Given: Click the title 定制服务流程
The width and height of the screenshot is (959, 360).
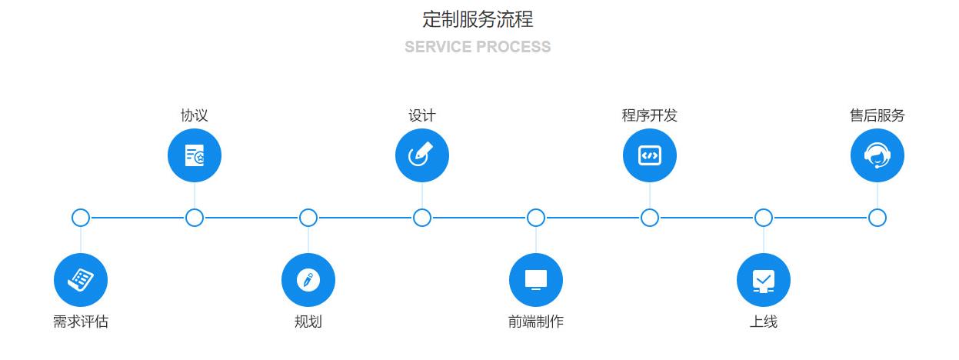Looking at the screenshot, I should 478,18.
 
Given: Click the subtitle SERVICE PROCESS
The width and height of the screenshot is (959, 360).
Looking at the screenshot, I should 478,47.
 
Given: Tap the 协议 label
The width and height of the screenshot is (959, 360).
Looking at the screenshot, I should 195,115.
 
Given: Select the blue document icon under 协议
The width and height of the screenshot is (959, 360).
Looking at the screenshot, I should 195,156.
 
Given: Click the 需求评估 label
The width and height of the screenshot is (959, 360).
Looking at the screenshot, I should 81,322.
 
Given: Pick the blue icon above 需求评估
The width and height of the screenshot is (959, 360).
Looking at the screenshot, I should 81,279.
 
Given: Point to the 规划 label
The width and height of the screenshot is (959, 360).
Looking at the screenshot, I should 308,322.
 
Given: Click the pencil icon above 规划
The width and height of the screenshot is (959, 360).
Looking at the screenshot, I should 308,279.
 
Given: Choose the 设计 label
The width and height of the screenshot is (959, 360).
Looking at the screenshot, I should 422,115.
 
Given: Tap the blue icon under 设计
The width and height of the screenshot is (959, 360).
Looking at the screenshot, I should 422,156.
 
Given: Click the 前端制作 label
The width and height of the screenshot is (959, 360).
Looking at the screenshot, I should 536,322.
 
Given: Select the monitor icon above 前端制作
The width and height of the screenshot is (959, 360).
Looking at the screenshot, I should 536,279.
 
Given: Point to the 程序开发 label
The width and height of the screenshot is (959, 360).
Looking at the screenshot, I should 650,115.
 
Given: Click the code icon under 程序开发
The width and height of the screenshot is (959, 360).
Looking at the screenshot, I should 650,156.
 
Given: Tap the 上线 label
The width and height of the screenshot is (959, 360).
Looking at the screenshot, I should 764,322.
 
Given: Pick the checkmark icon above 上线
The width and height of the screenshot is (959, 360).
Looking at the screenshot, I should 764,279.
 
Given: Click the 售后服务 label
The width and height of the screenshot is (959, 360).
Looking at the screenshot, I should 877,115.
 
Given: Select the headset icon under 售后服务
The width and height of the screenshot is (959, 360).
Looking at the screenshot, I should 877,156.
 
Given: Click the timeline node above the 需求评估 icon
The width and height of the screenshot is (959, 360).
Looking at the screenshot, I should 81,218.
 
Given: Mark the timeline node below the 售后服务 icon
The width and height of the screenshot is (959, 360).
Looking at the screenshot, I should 877,218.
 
